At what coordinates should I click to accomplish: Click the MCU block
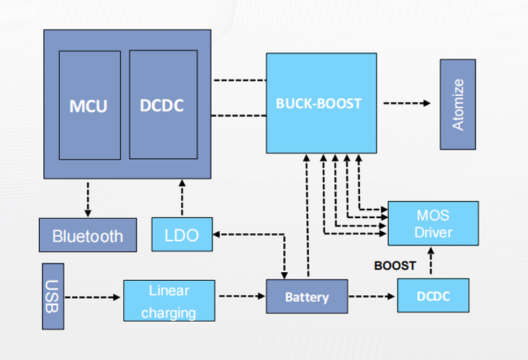point(89,105)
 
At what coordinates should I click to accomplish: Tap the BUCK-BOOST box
point(320,102)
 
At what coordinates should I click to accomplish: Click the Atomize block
point(458,104)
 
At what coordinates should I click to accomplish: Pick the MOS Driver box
point(433,223)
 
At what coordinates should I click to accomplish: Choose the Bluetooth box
point(88,235)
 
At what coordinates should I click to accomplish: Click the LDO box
point(183,234)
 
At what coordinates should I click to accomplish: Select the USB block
point(53,297)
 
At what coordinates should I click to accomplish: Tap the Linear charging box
point(169,301)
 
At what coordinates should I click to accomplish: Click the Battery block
point(307,297)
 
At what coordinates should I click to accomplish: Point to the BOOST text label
point(395,266)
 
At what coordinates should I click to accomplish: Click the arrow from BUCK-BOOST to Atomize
point(407,104)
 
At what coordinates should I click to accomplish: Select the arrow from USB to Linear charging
point(93,297)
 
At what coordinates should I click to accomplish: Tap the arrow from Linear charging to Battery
point(241,296)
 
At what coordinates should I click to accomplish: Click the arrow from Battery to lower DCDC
point(372,296)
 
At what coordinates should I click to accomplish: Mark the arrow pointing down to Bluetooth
point(88,198)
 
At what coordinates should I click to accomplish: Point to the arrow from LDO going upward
point(183,198)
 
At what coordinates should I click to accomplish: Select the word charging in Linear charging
point(169,313)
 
